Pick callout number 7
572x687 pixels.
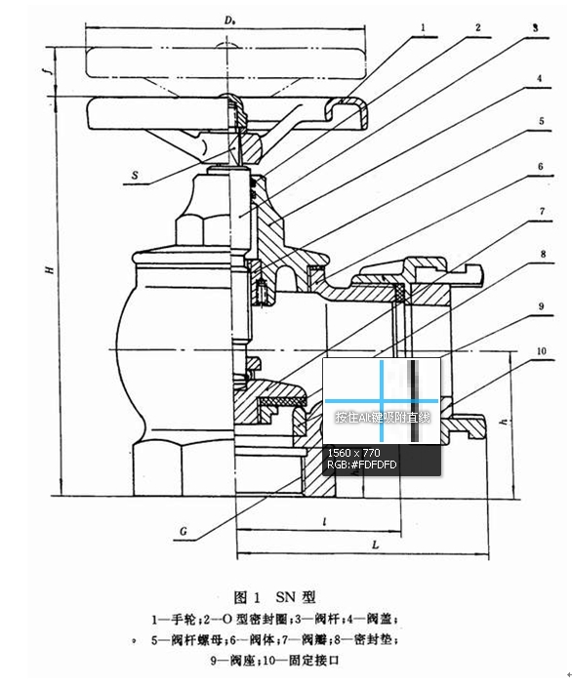(x=538, y=210)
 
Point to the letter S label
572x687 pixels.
(x=134, y=175)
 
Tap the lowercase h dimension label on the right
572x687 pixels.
(x=503, y=421)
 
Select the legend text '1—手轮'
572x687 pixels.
(x=176, y=619)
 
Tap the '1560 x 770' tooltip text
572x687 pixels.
(x=354, y=453)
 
